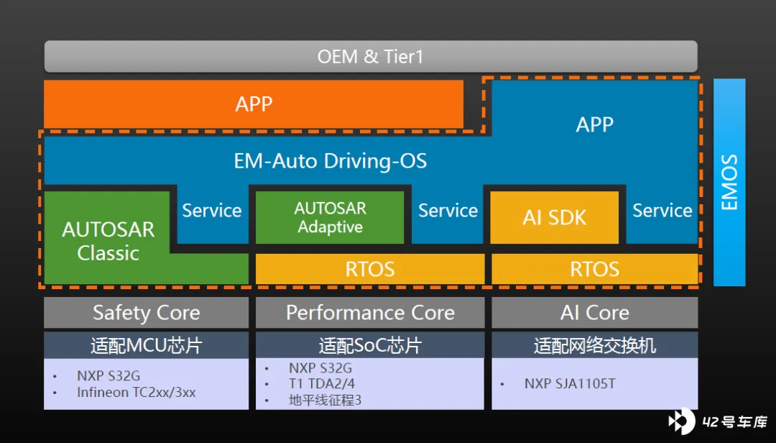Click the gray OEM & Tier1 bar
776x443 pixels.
(x=371, y=57)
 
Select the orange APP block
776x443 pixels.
(x=254, y=104)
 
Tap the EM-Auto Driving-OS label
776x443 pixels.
(x=330, y=161)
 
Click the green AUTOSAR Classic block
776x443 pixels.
(x=108, y=240)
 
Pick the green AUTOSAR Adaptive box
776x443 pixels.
(x=330, y=217)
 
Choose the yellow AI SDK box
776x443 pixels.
(x=554, y=217)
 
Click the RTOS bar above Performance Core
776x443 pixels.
(x=370, y=269)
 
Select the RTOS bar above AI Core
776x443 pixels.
(x=594, y=269)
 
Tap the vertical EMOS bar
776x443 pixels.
(x=729, y=183)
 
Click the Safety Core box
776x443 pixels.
(x=146, y=313)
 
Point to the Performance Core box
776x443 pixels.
(x=370, y=313)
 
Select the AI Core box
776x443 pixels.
(x=594, y=313)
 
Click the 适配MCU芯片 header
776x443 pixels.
(x=146, y=345)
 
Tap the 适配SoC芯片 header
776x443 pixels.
(x=370, y=345)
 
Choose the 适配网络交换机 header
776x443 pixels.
(x=594, y=345)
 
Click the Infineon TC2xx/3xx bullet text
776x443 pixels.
(x=136, y=393)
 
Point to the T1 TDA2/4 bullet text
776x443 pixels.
(x=322, y=383)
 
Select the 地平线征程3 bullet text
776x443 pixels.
(x=325, y=400)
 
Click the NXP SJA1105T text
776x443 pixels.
(x=570, y=383)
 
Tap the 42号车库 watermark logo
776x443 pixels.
(x=717, y=421)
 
